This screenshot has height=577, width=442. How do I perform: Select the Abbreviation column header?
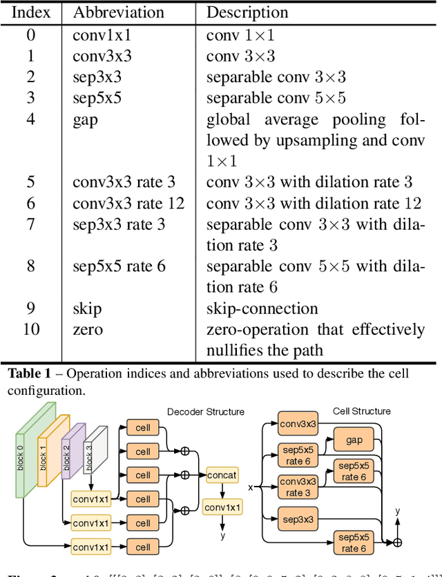(118, 13)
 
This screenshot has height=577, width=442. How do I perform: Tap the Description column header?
(248, 13)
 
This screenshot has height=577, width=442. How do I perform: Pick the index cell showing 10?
(30, 329)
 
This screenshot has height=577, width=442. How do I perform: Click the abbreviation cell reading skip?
(87, 309)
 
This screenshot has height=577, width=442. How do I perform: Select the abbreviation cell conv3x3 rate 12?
(128, 203)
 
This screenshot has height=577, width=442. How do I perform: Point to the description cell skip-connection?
(262, 309)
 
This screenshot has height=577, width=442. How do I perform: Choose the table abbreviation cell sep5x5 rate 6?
(119, 266)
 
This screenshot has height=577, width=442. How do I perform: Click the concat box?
(222, 475)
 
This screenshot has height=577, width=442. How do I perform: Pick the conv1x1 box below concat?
(222, 508)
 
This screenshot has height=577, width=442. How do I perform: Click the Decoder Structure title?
(205, 412)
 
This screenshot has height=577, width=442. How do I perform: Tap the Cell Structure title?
(361, 411)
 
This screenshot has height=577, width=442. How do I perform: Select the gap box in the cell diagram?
(353, 439)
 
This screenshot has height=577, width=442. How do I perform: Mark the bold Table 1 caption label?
(29, 374)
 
